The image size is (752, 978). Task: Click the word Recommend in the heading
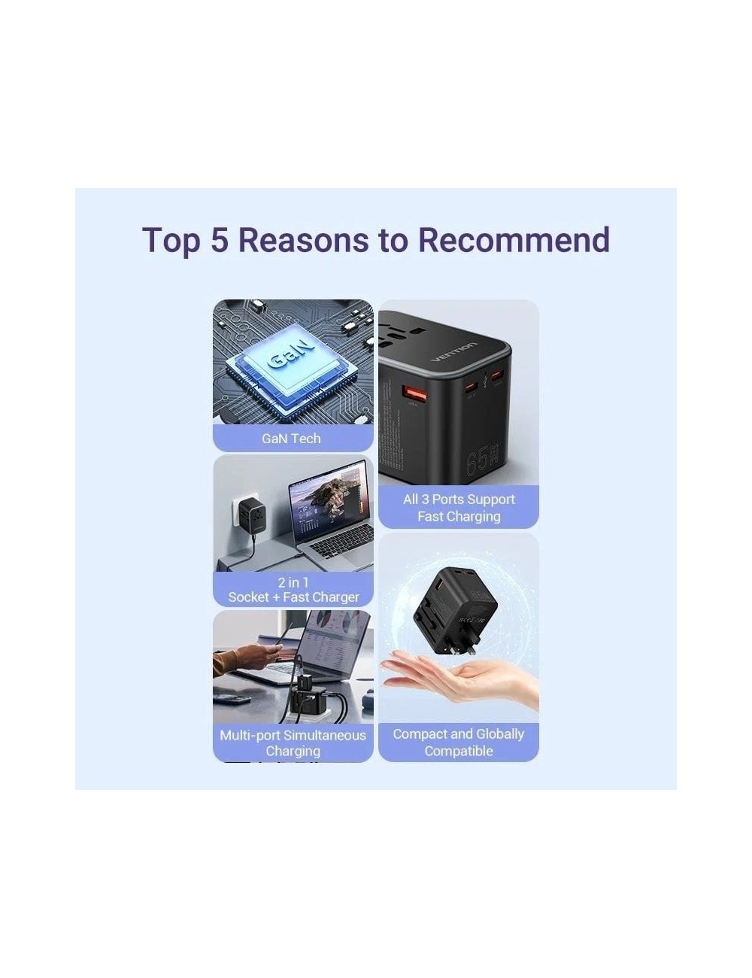514,239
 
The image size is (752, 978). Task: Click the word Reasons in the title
303,239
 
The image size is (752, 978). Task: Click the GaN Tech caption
292,439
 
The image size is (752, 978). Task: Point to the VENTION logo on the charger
454,352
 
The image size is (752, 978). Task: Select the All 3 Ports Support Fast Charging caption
459,508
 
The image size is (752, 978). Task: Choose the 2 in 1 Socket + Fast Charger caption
293,590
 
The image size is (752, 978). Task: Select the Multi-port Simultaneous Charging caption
293,743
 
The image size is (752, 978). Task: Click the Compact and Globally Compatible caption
459,743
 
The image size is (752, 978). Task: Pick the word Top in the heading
171,239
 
